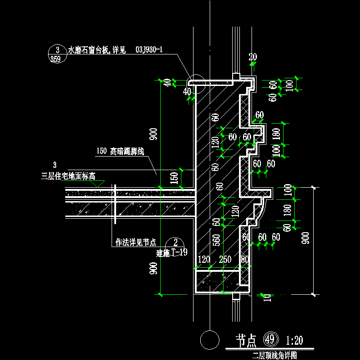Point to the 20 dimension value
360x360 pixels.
252,57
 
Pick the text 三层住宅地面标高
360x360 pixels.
68,176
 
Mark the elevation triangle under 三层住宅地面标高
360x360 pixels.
98,184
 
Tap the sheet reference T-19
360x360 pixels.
180,252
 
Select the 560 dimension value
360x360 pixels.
216,240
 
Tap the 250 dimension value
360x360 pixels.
225,260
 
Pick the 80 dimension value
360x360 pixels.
245,260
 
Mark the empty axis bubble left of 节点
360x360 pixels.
208,339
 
